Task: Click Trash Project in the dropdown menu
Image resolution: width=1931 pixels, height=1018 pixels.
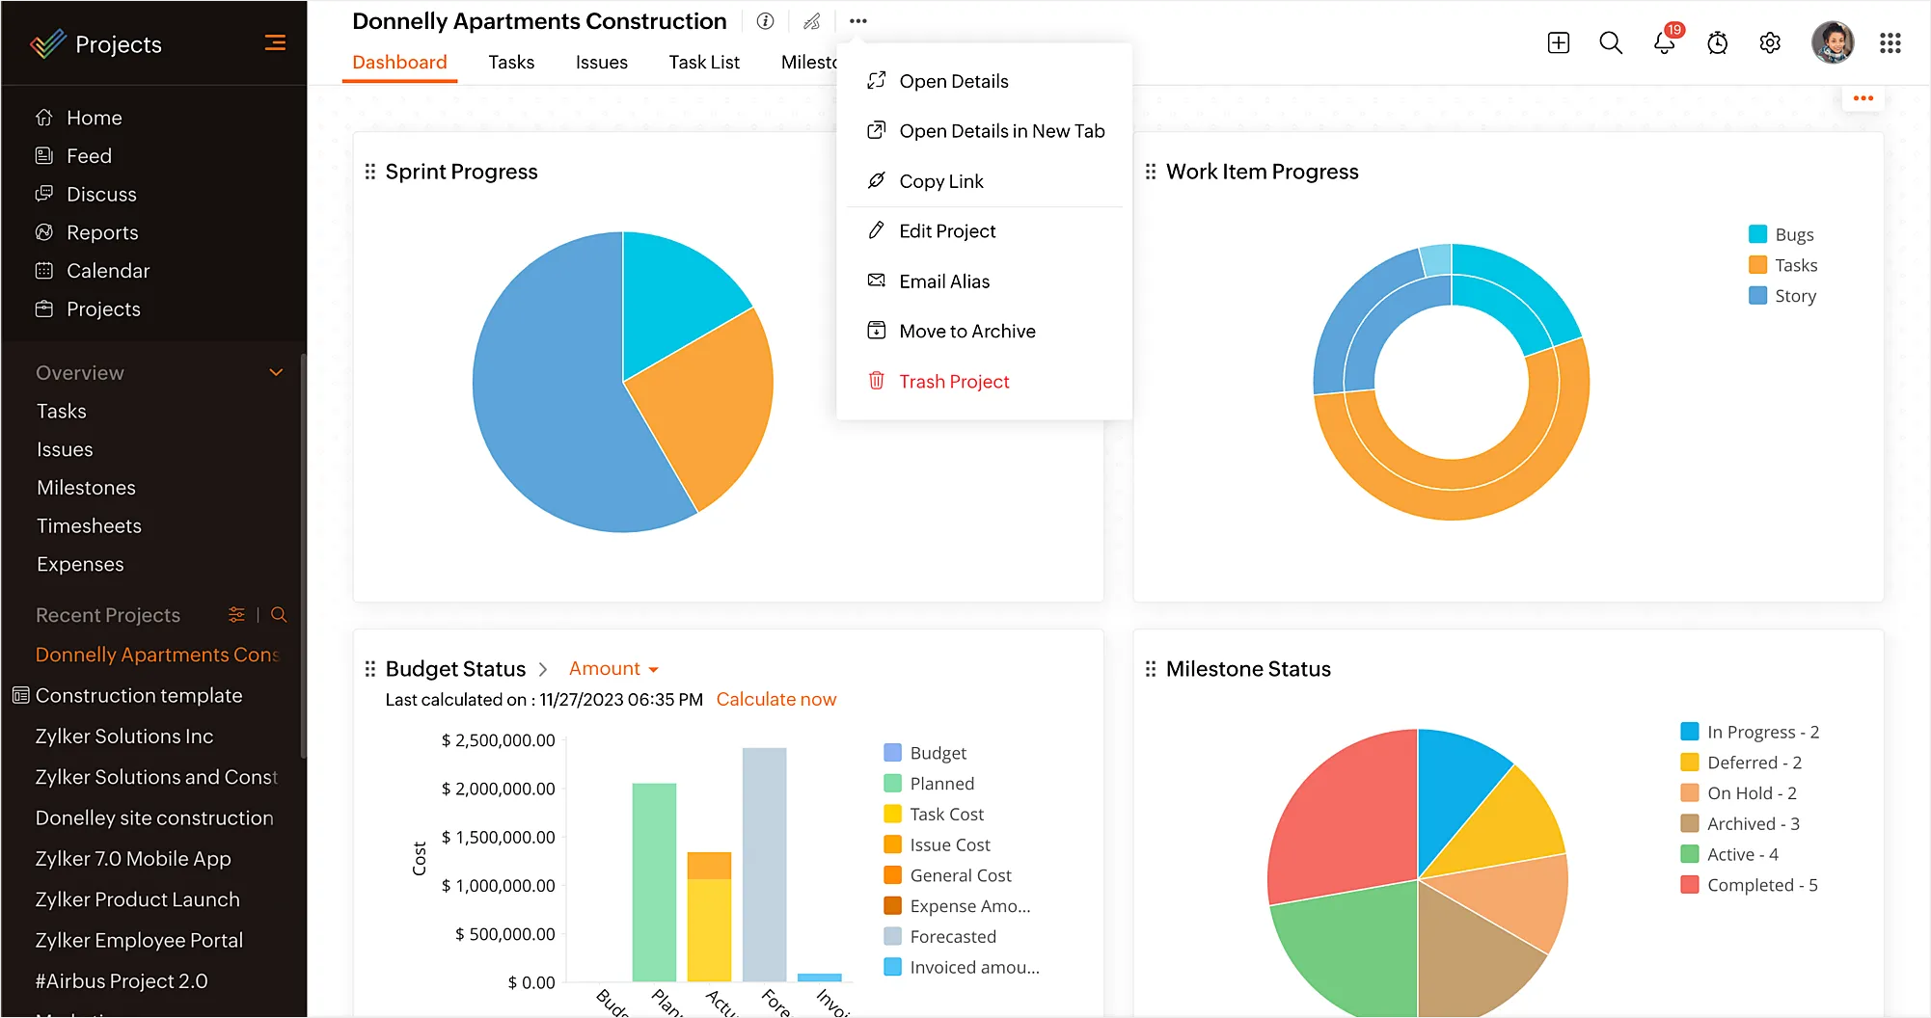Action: [x=953, y=382]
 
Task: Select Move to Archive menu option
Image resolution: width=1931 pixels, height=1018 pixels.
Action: [x=966, y=332]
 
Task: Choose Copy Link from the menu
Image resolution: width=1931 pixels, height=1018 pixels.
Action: [x=940, y=181]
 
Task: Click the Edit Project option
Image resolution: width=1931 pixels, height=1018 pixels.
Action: [x=946, y=231]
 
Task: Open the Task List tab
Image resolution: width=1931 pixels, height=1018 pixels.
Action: [x=703, y=63]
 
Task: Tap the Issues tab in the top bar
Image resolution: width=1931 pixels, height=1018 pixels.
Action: [x=601, y=63]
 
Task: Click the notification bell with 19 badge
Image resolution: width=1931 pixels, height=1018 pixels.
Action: [x=1664, y=43]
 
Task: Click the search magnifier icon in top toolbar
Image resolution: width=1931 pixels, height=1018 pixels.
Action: [x=1610, y=43]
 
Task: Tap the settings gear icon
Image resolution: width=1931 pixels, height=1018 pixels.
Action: [x=1770, y=43]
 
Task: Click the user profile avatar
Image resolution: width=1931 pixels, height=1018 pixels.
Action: [x=1832, y=43]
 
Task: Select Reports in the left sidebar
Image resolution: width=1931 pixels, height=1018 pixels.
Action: [x=101, y=232]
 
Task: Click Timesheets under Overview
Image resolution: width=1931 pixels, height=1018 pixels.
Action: [x=89, y=526]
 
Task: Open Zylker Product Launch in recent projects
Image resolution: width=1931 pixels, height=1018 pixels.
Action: [x=137, y=899]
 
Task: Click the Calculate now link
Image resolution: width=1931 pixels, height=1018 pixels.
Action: [x=775, y=700]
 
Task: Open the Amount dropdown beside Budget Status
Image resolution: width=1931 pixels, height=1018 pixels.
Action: [x=613, y=669]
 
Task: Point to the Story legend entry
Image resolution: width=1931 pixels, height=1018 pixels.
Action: [x=1794, y=296]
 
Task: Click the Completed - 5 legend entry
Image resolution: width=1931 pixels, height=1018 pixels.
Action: [x=1761, y=885]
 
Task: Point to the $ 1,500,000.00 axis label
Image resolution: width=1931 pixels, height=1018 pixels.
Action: [x=498, y=838]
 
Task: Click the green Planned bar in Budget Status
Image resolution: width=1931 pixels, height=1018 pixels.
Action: [x=654, y=882]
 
